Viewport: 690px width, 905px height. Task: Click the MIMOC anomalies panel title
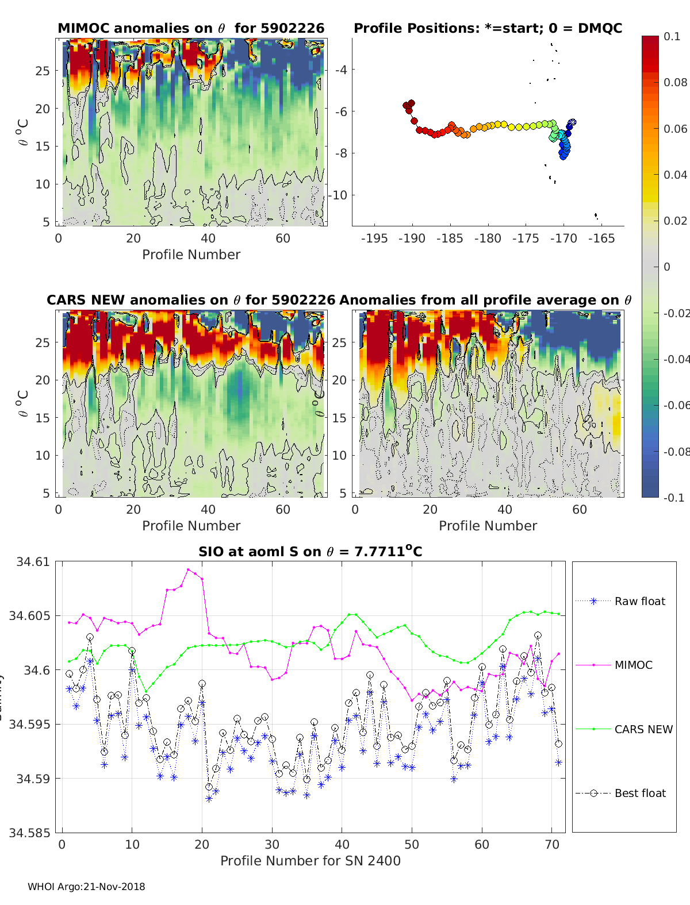191,28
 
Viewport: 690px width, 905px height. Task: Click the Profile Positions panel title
488,28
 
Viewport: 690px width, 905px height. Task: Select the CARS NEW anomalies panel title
191,300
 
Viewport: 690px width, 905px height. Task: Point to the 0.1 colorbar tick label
672,36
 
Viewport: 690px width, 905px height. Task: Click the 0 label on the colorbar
667,267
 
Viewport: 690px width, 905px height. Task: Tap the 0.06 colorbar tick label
675,129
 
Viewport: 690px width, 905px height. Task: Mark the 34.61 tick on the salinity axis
32,561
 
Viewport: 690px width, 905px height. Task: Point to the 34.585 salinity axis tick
29,833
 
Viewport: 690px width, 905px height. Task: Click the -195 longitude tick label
374,238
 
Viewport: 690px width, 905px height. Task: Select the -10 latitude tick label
338,195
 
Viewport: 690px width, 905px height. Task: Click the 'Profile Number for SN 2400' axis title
310,860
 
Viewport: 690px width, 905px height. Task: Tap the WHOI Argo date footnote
86,887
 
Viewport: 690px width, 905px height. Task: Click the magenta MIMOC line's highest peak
188,569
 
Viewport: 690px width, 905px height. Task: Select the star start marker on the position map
572,123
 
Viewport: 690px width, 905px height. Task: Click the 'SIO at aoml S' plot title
310,552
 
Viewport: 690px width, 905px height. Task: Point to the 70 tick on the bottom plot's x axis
551,844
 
